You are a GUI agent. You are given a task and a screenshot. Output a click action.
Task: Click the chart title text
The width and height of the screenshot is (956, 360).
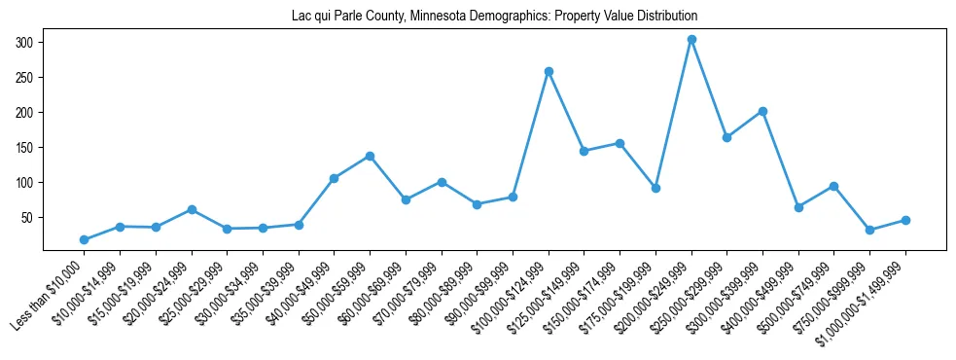(494, 17)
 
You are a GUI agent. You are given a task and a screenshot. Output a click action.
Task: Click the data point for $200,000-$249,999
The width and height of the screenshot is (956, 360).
(691, 40)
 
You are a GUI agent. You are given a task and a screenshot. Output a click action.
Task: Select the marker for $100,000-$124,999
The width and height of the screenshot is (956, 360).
(549, 71)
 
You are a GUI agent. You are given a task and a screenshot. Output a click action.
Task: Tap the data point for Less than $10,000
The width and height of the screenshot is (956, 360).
(84, 239)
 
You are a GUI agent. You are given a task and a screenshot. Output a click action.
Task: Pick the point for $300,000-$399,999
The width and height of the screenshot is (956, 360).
(762, 111)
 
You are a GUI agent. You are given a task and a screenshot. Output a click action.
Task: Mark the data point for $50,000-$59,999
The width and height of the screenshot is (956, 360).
(370, 156)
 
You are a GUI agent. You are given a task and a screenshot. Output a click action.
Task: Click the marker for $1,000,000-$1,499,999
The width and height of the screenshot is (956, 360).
(905, 220)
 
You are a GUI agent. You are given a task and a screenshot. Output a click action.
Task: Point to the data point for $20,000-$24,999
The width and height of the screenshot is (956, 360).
(192, 209)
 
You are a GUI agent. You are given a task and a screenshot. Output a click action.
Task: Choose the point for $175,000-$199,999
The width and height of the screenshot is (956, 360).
(655, 188)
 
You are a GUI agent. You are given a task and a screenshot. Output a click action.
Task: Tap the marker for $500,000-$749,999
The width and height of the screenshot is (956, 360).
(834, 186)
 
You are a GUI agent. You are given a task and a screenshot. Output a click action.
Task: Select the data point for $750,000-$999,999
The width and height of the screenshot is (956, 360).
(869, 231)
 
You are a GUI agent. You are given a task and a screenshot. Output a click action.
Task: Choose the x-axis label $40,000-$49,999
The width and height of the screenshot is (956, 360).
(296, 298)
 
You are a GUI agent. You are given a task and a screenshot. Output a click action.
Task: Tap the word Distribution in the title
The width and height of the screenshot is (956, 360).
(667, 17)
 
